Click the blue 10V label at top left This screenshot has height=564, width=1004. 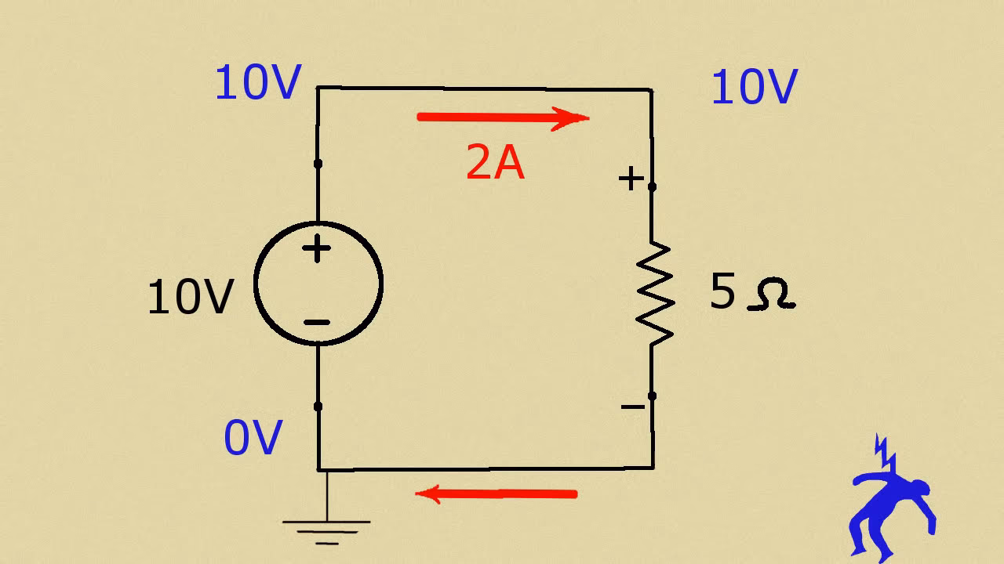tap(257, 83)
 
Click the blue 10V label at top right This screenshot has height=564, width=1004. tap(753, 87)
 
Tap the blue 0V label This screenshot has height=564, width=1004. tap(252, 438)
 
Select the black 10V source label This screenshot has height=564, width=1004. tap(191, 298)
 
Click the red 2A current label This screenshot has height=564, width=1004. tap(495, 164)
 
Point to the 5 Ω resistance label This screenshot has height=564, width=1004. tap(751, 293)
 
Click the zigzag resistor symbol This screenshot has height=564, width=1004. tap(653, 294)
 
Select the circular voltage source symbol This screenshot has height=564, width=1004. tap(318, 284)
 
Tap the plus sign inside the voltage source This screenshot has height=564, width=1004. tap(317, 250)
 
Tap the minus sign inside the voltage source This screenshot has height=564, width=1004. tap(317, 322)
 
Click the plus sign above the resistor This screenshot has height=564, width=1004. tap(630, 179)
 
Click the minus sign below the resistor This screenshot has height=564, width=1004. tap(631, 406)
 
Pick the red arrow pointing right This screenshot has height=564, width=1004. tap(502, 118)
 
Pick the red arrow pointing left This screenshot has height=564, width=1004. tap(496, 493)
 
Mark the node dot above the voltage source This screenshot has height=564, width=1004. tap(318, 164)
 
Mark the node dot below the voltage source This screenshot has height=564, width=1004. tap(318, 407)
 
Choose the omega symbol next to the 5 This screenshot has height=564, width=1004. tap(772, 295)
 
